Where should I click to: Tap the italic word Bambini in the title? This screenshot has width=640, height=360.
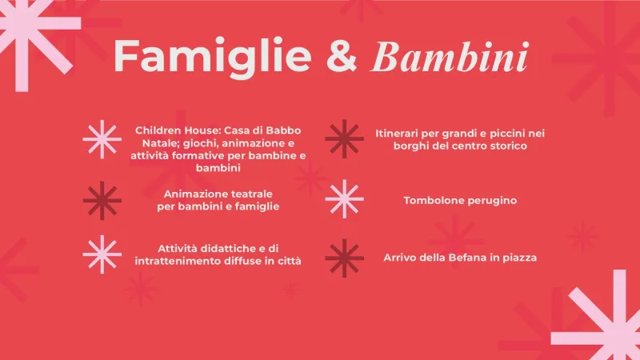tap(451, 56)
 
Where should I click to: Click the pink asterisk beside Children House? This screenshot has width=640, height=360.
tap(102, 139)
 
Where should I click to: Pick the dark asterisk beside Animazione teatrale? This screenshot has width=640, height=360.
tap(102, 200)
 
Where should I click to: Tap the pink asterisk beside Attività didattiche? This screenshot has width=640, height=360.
tap(102, 254)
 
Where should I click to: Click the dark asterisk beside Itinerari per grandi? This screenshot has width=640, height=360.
tap(345, 138)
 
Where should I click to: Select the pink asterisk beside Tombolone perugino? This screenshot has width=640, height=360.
tap(345, 199)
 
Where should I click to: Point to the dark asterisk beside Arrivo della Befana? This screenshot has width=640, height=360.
tap(345, 258)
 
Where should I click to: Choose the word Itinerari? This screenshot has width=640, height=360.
tap(400, 133)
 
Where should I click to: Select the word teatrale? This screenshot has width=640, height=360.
tap(250, 194)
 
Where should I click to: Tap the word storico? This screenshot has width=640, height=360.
tap(506, 146)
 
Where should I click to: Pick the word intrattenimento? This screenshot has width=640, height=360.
tap(183, 262)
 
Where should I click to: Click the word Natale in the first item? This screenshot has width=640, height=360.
tap(148, 142)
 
